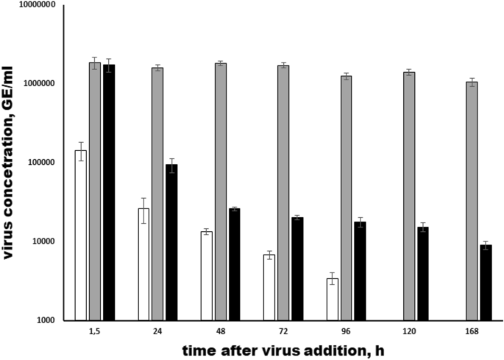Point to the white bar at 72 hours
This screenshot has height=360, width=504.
coord(269,287)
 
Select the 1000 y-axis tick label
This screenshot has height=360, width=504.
coord(47,320)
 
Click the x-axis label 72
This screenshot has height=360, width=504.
coord(283,332)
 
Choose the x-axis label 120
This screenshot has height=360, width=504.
coord(409,332)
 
